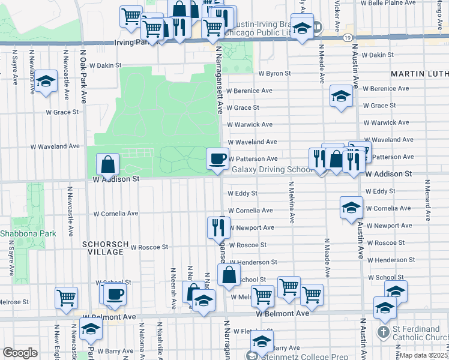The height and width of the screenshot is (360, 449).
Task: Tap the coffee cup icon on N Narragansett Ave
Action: (x=217, y=158)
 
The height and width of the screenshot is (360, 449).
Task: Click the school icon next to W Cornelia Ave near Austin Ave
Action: (x=351, y=207)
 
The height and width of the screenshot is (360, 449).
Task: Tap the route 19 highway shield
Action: (x=348, y=38)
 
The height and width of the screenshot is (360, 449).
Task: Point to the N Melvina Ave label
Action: (x=292, y=208)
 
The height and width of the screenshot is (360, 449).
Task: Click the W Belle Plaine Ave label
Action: (x=391, y=3)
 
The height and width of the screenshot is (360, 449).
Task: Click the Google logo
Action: (x=20, y=352)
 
